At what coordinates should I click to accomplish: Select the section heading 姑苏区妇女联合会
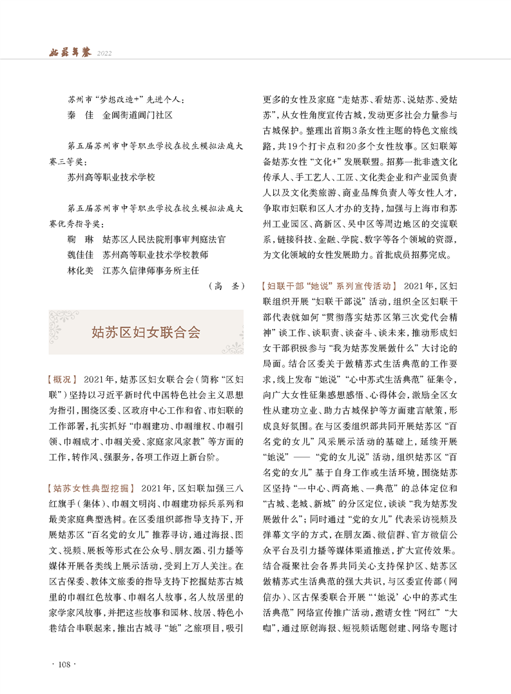tap(146, 333)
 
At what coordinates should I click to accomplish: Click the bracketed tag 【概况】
tap(63, 378)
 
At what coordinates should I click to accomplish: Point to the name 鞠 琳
tap(76, 239)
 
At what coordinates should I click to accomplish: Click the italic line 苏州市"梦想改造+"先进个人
tap(126, 101)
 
